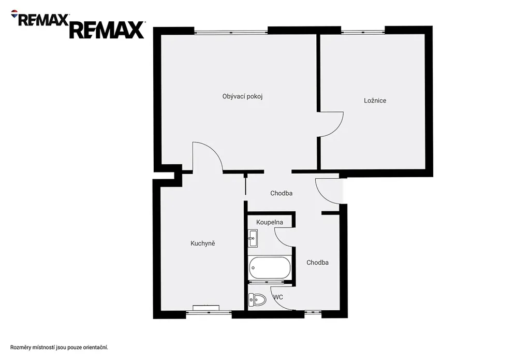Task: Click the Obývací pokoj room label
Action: [x=242, y=96]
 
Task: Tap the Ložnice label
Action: [x=375, y=100]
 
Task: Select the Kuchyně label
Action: [x=203, y=243]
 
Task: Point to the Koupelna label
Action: [x=269, y=222]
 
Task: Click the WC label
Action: [x=278, y=297]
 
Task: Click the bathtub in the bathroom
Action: [x=269, y=268]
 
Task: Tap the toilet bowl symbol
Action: [x=257, y=299]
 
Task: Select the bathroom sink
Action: [x=253, y=238]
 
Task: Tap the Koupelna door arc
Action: [x=279, y=240]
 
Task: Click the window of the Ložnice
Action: [x=363, y=32]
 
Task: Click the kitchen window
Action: [x=209, y=313]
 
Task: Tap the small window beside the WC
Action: [x=313, y=312]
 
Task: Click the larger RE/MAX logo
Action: [x=107, y=30]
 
